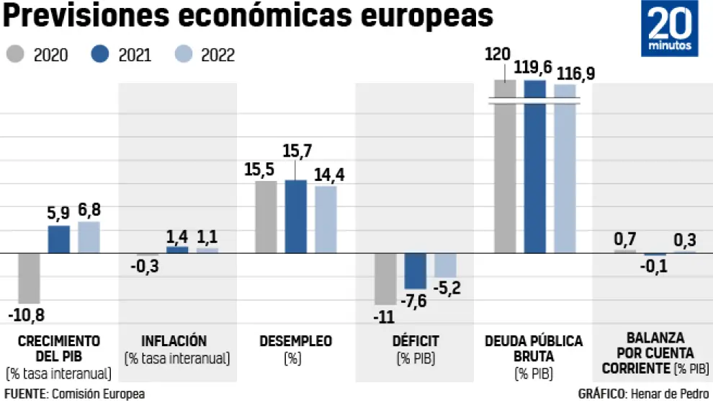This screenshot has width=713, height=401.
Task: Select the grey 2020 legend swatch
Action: pyautogui.click(x=16, y=55)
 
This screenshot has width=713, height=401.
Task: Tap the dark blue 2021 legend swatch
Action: pyautogui.click(x=100, y=55)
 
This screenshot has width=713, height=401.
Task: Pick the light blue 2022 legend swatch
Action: pyautogui.click(x=184, y=55)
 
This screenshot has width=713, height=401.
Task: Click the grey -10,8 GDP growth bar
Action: pyautogui.click(x=29, y=278)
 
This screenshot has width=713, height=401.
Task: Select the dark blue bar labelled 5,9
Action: pyautogui.click(x=59, y=239)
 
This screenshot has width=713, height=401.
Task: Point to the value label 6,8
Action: pyautogui.click(x=89, y=211)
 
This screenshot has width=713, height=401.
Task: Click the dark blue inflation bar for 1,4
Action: pyautogui.click(x=177, y=250)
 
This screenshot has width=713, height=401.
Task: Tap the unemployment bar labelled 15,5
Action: pyautogui.click(x=266, y=216)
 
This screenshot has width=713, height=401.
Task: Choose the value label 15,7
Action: pyautogui.click(x=296, y=151)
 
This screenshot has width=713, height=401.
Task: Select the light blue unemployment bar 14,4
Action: pyautogui.click(x=326, y=219)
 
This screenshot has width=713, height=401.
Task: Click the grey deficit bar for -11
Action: pyautogui.click(x=385, y=278)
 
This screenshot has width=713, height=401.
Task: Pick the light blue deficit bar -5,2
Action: pyautogui.click(x=444, y=265)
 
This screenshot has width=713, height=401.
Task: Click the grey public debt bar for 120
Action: pyautogui.click(x=505, y=166)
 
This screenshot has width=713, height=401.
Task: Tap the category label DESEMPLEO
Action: pyautogui.click(x=295, y=341)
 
